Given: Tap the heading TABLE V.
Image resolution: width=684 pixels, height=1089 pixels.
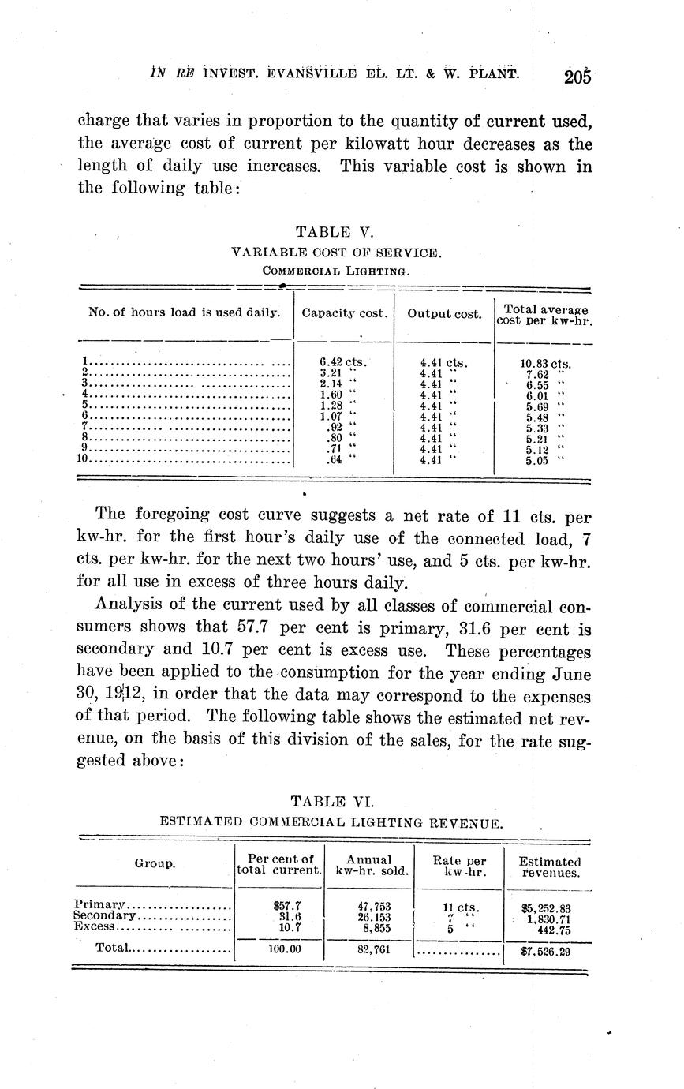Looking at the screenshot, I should pos(333,232).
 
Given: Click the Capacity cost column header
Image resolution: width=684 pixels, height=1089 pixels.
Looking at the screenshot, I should pos(344,313).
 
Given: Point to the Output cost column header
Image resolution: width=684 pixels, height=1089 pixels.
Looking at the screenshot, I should pos(444,314).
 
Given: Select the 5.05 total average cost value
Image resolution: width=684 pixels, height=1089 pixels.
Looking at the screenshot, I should pos(537,462).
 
